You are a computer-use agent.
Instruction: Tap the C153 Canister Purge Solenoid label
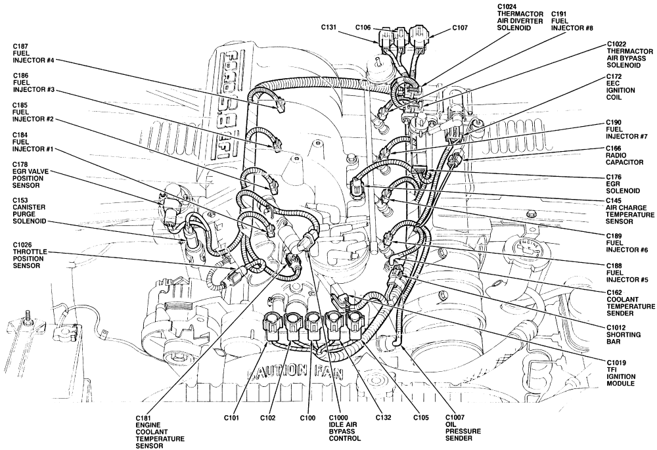[x=30, y=214]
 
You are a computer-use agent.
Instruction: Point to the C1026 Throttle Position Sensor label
[x=30, y=256]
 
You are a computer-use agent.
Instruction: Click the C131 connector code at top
[x=329, y=28]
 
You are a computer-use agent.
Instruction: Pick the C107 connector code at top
[x=460, y=28]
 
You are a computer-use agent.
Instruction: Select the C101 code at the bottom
[x=229, y=417]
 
